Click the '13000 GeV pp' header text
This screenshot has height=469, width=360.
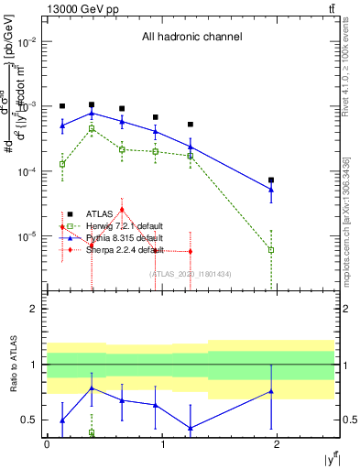click(81, 8)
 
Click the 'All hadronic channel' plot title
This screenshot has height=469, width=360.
click(191, 38)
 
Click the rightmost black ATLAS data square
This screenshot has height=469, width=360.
click(271, 180)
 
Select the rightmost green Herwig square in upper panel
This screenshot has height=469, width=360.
click(271, 249)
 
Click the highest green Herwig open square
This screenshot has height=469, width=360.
click(92, 129)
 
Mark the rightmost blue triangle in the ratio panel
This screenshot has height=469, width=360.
click(271, 392)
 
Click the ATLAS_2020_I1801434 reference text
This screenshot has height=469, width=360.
click(191, 273)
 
